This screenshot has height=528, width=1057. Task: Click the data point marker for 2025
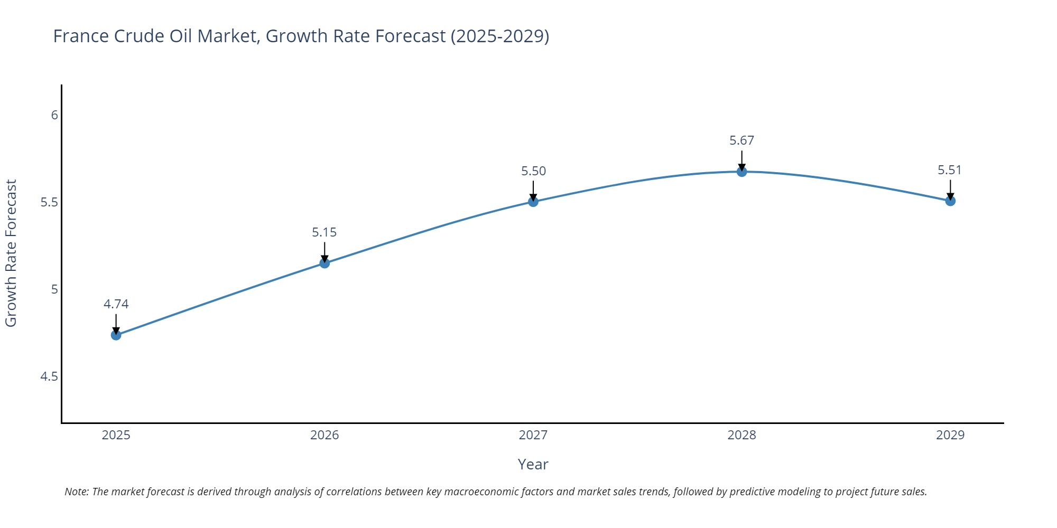116,335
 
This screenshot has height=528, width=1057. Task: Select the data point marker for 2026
324,263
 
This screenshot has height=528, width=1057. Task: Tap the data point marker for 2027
533,201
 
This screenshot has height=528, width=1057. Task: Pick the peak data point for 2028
741,172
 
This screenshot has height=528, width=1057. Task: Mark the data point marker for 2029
950,201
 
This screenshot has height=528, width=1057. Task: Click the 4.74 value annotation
116,304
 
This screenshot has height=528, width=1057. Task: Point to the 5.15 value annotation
324,232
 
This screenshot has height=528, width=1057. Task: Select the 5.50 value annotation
533,171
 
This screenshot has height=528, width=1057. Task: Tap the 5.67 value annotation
741,140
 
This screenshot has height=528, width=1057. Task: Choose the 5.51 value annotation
950,170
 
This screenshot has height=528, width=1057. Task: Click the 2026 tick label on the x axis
324,435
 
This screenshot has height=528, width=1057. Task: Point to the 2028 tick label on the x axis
741,435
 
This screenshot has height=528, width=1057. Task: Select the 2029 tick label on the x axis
950,435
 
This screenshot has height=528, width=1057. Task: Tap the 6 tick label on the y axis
54,115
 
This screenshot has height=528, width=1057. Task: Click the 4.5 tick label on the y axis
49,376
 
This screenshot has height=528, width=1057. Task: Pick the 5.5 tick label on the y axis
49,202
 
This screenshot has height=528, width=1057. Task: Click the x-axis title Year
533,464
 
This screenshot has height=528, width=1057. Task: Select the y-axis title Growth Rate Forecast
11,253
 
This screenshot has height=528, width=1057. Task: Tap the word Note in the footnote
76,492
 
